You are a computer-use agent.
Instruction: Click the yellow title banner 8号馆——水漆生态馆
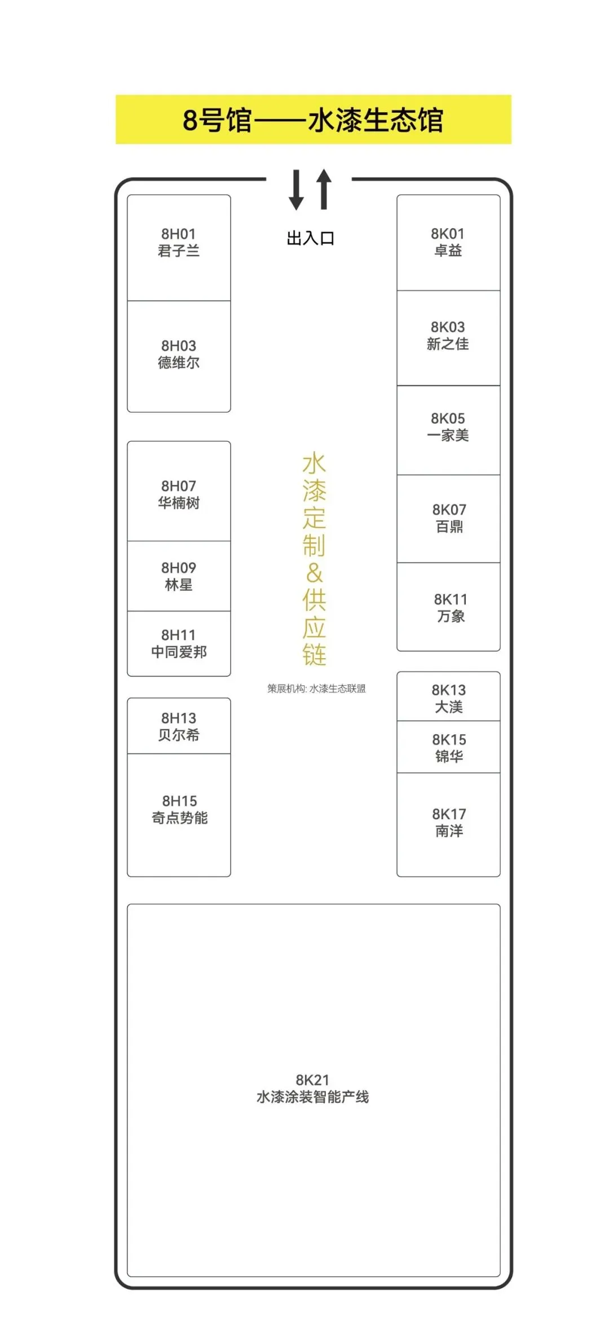click(313, 119)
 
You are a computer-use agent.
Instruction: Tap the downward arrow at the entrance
click(297, 190)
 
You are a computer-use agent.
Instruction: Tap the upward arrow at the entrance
click(324, 189)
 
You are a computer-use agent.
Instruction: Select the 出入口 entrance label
click(310, 238)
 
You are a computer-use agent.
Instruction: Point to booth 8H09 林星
click(179, 576)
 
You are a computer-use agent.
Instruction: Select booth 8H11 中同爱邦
click(179, 644)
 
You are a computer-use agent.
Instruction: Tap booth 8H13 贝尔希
click(179, 726)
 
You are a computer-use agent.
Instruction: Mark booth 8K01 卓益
click(448, 242)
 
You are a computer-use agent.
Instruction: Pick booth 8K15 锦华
click(448, 747)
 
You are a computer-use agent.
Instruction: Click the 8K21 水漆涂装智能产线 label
click(313, 1088)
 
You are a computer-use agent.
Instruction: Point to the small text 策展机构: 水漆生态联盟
click(316, 688)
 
